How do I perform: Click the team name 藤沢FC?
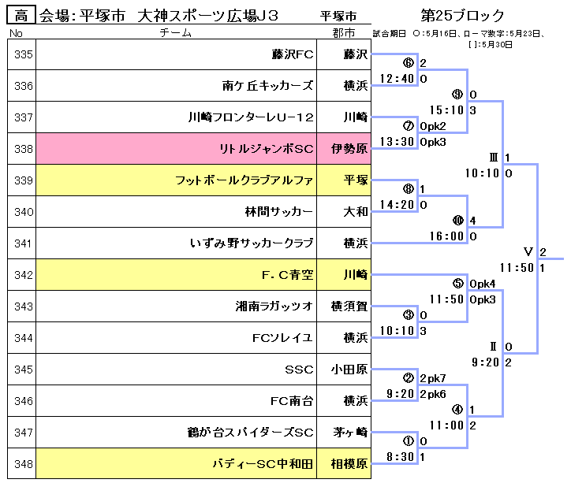pos(293,54)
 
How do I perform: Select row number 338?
pos(24,149)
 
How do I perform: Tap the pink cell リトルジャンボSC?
pos(267,149)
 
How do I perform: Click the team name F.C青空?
pos(288,275)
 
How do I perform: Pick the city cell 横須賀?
pos(349,307)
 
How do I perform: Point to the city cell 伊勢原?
pos(349,149)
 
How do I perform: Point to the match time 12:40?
pos(397,79)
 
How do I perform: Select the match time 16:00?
pos(447,236)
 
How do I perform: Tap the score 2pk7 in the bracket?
pos(433,378)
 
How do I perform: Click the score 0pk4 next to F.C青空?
pos(483,284)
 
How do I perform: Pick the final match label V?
pos(528,252)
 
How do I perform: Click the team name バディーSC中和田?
pos(263,464)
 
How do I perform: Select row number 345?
pos(24,370)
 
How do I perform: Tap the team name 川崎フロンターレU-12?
pos(252,117)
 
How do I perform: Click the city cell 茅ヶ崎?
pos(349,433)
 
